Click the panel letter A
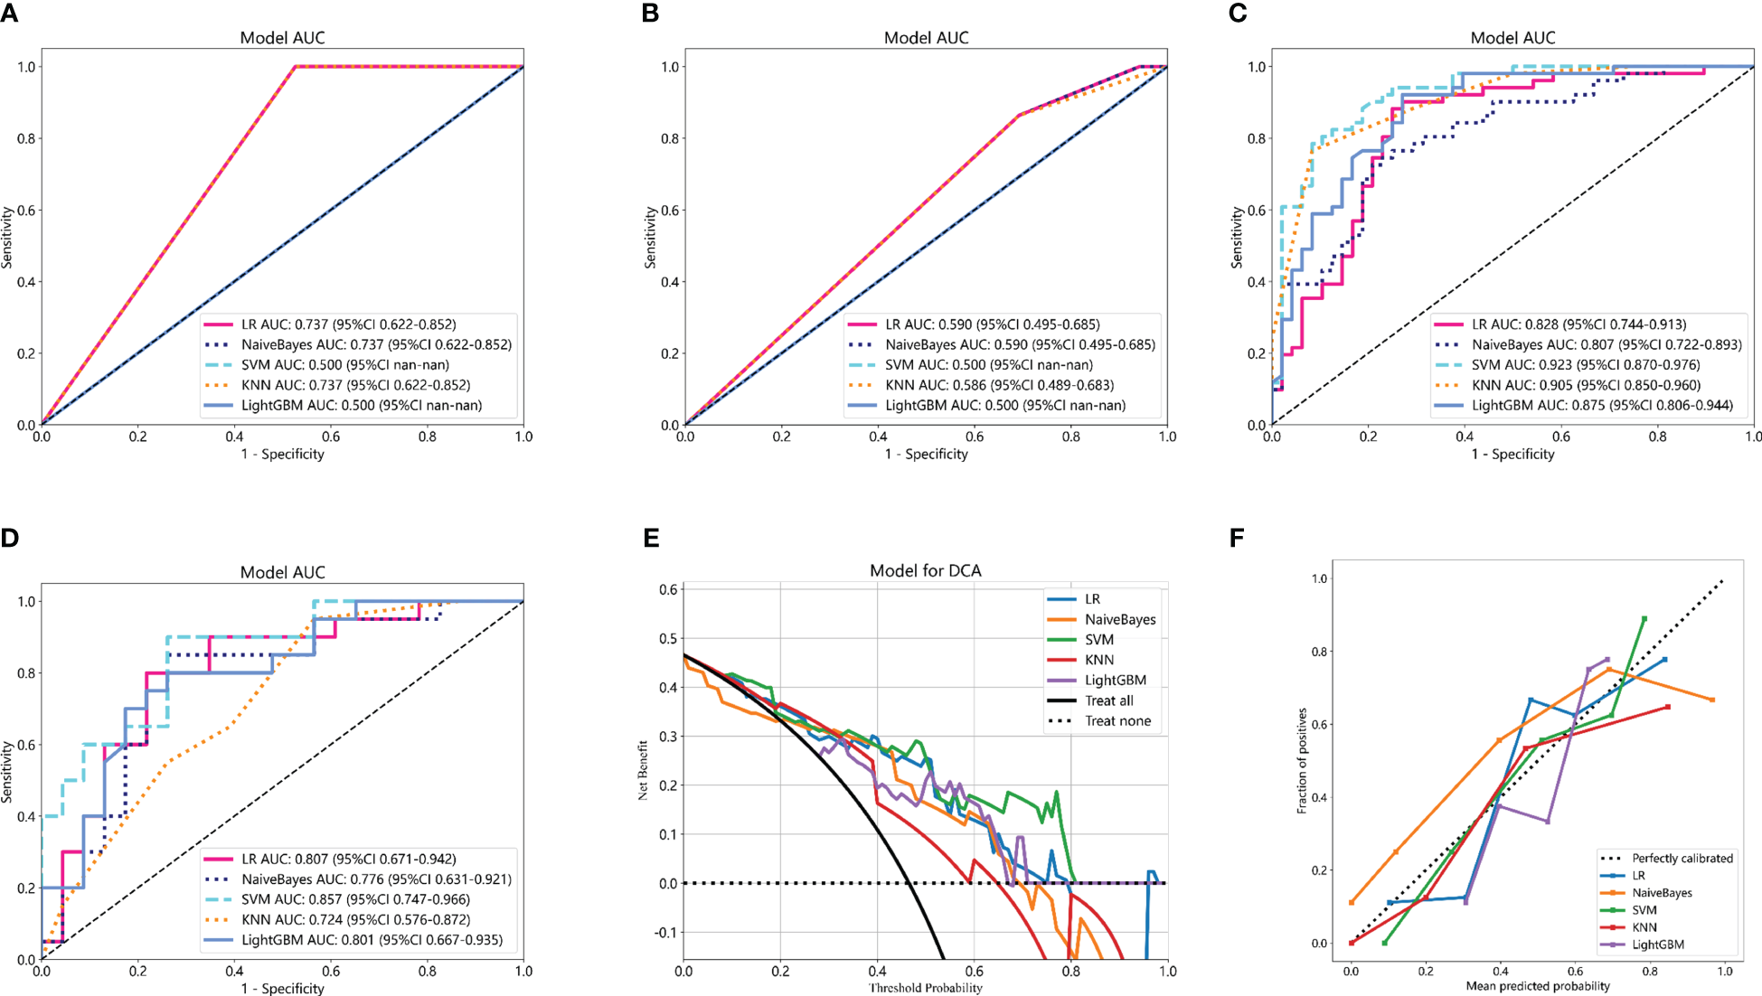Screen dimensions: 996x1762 (9, 13)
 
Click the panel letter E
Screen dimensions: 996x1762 (651, 538)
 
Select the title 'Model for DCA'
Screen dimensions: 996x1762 (925, 570)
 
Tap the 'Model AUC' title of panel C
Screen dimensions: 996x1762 (1512, 38)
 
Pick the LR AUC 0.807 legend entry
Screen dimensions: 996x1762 (348, 859)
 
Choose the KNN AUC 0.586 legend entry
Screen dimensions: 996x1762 (999, 385)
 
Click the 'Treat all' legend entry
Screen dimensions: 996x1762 (1108, 700)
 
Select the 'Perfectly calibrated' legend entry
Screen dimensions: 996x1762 (1682, 859)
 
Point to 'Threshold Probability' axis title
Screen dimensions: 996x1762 (925, 988)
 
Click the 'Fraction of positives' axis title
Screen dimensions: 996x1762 (1302, 761)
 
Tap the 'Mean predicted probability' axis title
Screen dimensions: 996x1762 (1538, 986)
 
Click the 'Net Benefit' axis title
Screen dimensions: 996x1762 (643, 770)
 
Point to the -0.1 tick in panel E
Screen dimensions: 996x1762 (666, 933)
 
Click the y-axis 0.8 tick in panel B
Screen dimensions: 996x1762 (670, 138)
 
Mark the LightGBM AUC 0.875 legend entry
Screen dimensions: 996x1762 (1602, 406)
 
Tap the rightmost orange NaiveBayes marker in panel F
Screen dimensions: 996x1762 (1711, 700)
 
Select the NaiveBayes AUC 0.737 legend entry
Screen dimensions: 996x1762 (376, 344)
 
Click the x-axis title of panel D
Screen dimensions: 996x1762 (282, 988)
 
